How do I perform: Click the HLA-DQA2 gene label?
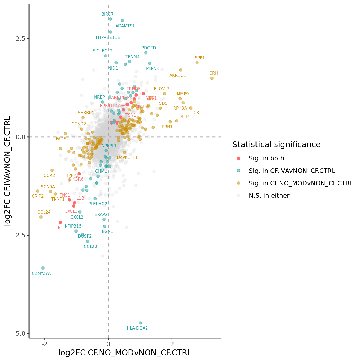click(x=137, y=328)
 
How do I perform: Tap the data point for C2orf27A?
click(x=43, y=268)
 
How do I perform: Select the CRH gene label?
click(x=214, y=73)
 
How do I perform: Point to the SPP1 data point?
click(x=197, y=63)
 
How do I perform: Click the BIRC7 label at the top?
click(x=107, y=14)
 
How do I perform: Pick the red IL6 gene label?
click(x=57, y=228)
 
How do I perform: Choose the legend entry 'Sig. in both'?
click(x=266, y=158)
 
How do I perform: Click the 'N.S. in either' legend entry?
click(x=269, y=196)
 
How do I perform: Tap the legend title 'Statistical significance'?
click(x=276, y=145)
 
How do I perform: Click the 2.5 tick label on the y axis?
click(x=20, y=39)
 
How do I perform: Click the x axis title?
click(x=125, y=353)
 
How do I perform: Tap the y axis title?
click(x=7, y=171)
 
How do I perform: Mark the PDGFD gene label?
click(x=149, y=48)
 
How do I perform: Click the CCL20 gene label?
click(x=90, y=247)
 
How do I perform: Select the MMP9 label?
click(x=183, y=94)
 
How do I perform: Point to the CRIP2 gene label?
click(x=38, y=196)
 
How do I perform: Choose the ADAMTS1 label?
click(x=125, y=26)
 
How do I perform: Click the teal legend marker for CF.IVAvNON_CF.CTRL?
click(x=238, y=171)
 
